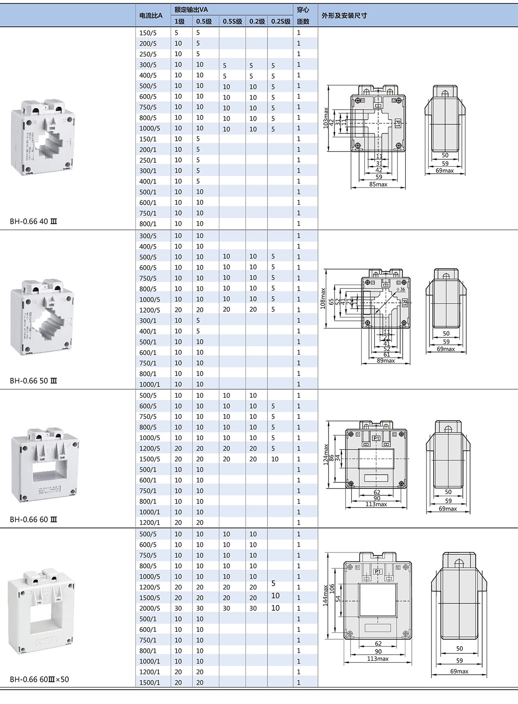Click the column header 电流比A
pyautogui.click(x=151, y=16)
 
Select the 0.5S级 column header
pyautogui.click(x=232, y=22)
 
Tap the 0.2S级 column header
pyautogui.click(x=281, y=22)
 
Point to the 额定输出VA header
pyautogui.click(x=191, y=10)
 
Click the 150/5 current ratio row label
pyautogui.click(x=148, y=33)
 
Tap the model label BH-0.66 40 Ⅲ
pyautogui.click(x=33, y=222)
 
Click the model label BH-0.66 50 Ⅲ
pyautogui.click(x=33, y=381)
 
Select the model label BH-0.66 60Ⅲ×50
pyautogui.click(x=39, y=679)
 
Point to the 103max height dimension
pyautogui.click(x=326, y=118)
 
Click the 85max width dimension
pyautogui.click(x=378, y=184)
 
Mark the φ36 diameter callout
pyautogui.click(x=401, y=289)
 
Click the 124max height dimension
pyautogui.click(x=326, y=454)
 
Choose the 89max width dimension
pyautogui.click(x=385, y=361)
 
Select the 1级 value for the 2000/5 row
pyautogui.click(x=178, y=609)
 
